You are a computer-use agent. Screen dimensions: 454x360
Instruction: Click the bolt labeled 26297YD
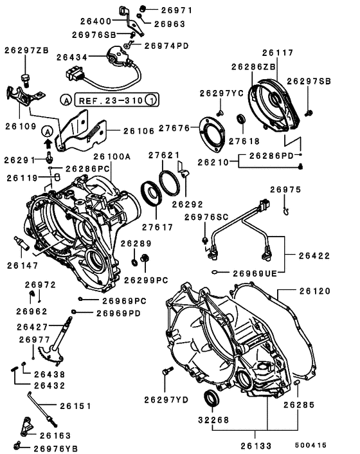tap(168, 371)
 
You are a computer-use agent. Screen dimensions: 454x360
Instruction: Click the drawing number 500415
tap(311, 444)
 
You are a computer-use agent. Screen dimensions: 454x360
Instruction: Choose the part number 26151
tap(75, 406)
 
